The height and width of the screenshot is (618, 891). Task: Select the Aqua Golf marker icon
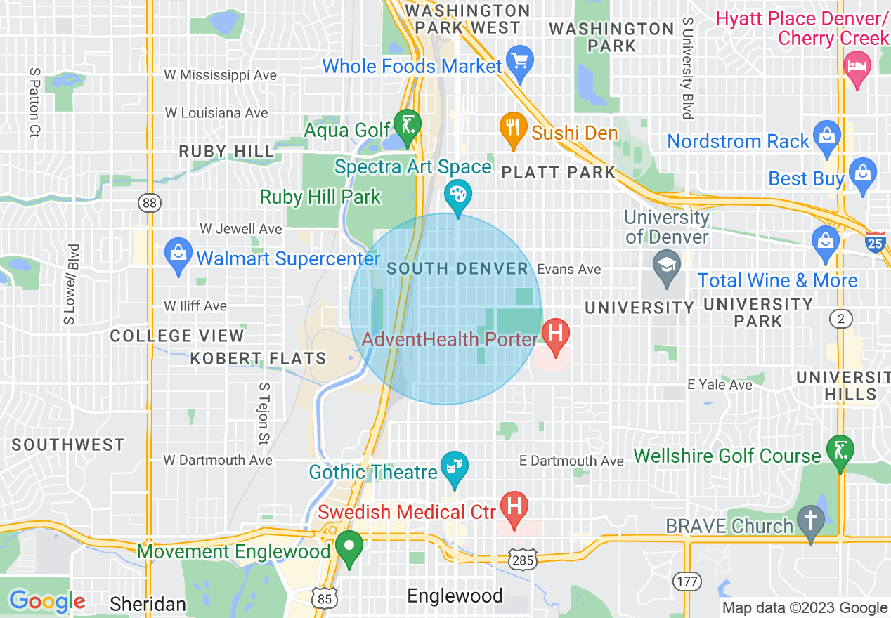(407, 125)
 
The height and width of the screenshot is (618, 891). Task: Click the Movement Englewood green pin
(349, 546)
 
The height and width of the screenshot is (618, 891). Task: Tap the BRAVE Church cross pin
(811, 520)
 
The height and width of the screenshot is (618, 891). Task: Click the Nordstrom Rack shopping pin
(827, 136)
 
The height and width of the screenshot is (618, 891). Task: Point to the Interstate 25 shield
(876, 242)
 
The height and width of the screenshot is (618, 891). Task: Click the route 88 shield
(149, 203)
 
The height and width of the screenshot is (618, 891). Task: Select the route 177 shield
(686, 581)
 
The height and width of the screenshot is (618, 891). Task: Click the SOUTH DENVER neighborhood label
(457, 269)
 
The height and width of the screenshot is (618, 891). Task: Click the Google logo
(47, 601)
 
